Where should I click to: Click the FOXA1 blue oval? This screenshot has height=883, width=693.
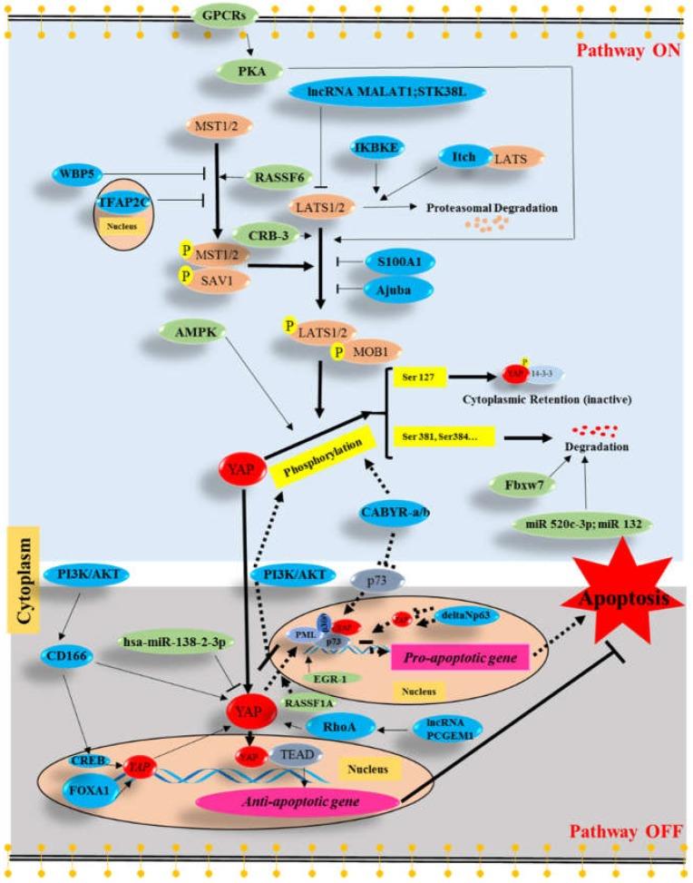tap(86, 789)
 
